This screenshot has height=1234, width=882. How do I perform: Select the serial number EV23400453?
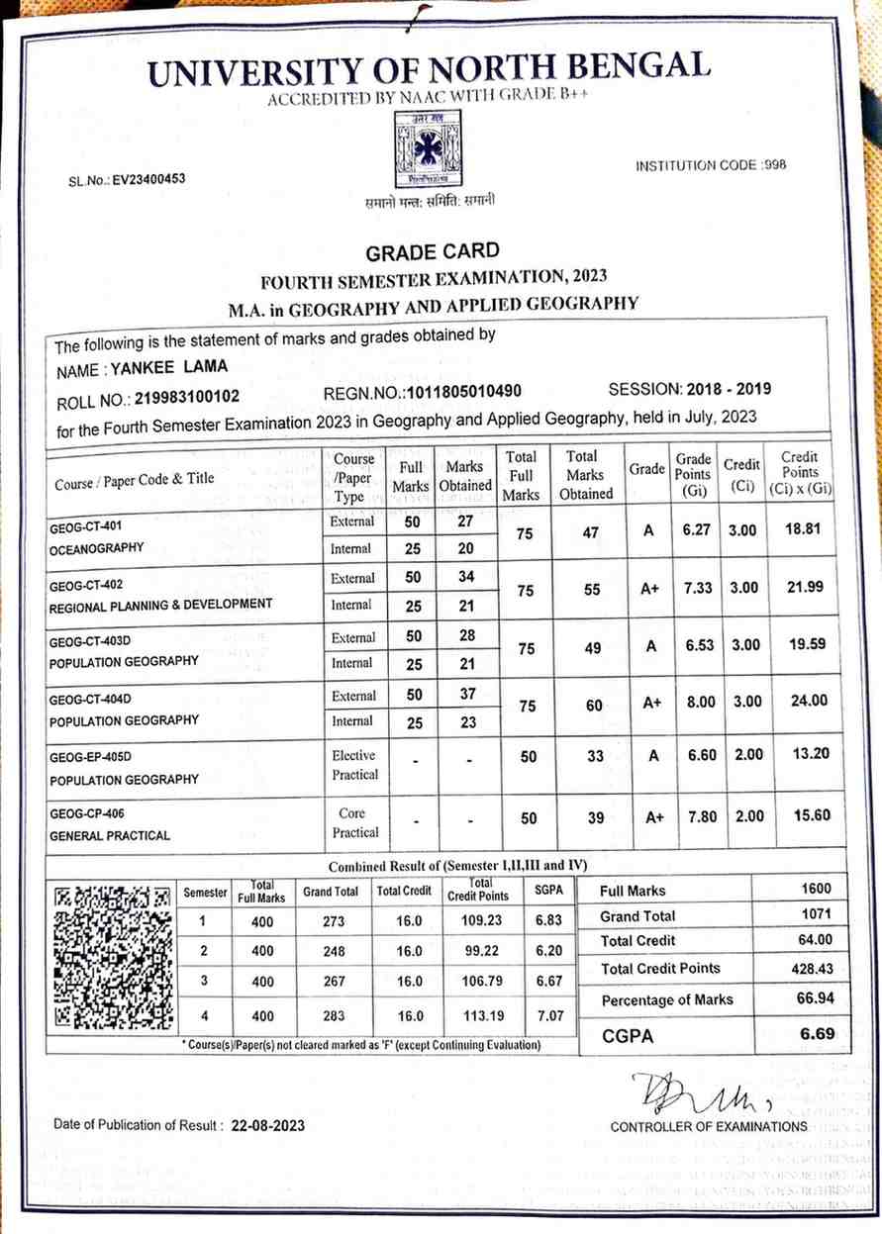148,180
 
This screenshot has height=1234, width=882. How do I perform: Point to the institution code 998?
775,165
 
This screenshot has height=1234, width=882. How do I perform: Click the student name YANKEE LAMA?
169,367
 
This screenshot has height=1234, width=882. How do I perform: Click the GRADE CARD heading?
434,251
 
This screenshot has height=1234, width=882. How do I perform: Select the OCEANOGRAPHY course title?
96,547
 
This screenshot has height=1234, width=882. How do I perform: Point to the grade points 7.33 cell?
692,588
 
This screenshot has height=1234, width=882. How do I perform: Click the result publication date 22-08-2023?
268,1126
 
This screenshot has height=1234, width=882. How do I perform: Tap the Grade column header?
647,469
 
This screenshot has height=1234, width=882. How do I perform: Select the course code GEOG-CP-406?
91,813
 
